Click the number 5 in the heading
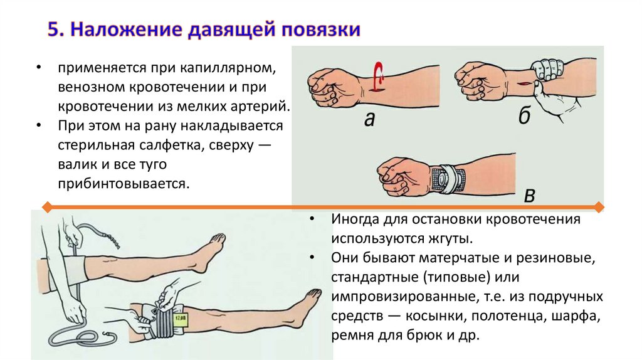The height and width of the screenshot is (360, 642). tap(55, 30)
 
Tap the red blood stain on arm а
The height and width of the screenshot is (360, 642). tap(378, 76)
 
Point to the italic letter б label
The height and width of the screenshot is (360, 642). tap(525, 115)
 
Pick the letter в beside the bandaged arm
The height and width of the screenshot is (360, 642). tap(529, 196)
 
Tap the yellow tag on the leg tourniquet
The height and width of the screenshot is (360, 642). tap(180, 319)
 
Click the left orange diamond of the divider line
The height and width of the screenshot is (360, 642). tap(47, 207)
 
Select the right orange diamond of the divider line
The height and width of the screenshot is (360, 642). tap(599, 207)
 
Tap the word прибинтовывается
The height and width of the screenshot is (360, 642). tap(124, 184)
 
